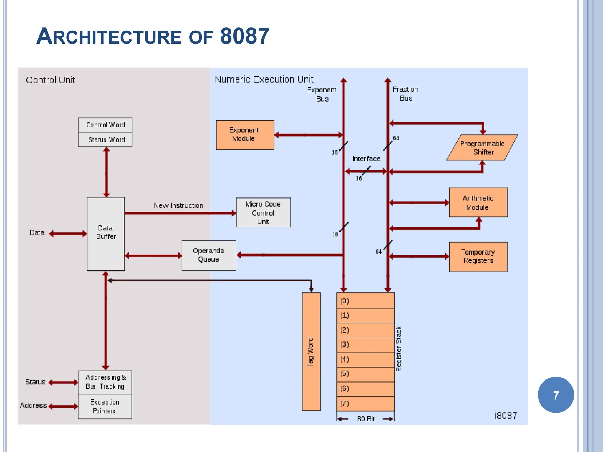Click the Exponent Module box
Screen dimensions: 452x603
coord(245,135)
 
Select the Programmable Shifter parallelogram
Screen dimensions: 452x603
coord(482,148)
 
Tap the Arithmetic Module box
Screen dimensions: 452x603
coord(478,202)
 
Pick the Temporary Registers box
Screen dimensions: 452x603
coord(478,257)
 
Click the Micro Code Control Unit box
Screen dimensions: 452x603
coord(263,212)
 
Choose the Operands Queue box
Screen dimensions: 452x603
coord(208,255)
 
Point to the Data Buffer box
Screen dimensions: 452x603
coord(105,234)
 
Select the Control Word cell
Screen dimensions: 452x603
coord(105,125)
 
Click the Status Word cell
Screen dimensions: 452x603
coord(105,139)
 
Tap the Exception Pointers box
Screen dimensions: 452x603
coord(105,407)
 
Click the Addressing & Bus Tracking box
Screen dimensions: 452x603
coord(105,382)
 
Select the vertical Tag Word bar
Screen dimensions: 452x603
coord(311,351)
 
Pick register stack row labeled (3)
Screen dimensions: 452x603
coord(365,345)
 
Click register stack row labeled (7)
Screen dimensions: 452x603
coord(365,403)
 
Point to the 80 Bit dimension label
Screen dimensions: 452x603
coord(366,419)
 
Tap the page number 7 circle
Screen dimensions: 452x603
coord(556,395)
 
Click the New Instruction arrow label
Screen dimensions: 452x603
coord(178,205)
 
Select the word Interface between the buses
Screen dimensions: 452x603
coord(366,159)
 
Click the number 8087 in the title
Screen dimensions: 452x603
coord(244,36)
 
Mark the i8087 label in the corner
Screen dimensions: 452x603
coord(506,416)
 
